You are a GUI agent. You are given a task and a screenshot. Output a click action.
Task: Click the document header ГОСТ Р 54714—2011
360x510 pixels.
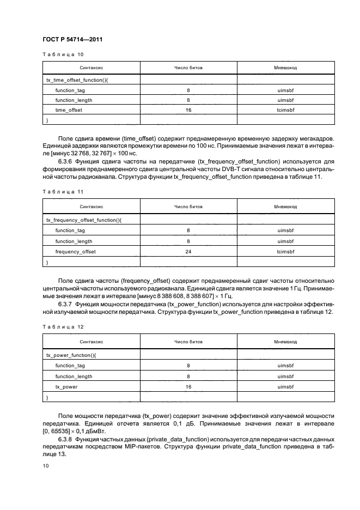[x=72, y=40]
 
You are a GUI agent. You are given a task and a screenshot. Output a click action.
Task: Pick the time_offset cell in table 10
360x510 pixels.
[x=69, y=110]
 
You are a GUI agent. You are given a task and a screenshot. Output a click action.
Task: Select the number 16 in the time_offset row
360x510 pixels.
[x=188, y=110]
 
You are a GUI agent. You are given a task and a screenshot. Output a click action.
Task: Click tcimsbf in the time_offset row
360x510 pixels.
[x=285, y=110]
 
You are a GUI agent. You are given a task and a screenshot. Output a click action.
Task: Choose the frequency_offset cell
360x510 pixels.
[x=75, y=251]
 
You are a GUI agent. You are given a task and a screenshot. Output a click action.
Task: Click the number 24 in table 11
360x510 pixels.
[x=188, y=251]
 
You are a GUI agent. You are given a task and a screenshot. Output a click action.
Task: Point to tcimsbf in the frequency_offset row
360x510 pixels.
[x=285, y=251]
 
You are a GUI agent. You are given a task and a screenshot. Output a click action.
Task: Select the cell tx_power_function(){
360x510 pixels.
[x=71, y=355]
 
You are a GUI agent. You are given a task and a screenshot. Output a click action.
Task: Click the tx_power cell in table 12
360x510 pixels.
[x=66, y=387]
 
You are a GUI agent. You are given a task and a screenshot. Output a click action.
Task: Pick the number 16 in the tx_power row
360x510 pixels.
[x=188, y=387]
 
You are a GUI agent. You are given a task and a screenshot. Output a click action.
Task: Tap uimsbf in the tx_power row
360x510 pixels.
[x=285, y=387]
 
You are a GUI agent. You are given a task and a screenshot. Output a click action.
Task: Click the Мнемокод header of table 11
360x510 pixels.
[x=285, y=207]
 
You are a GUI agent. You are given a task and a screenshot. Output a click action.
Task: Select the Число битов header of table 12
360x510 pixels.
[x=188, y=342]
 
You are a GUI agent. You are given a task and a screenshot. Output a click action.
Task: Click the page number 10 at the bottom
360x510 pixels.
[x=45, y=465]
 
